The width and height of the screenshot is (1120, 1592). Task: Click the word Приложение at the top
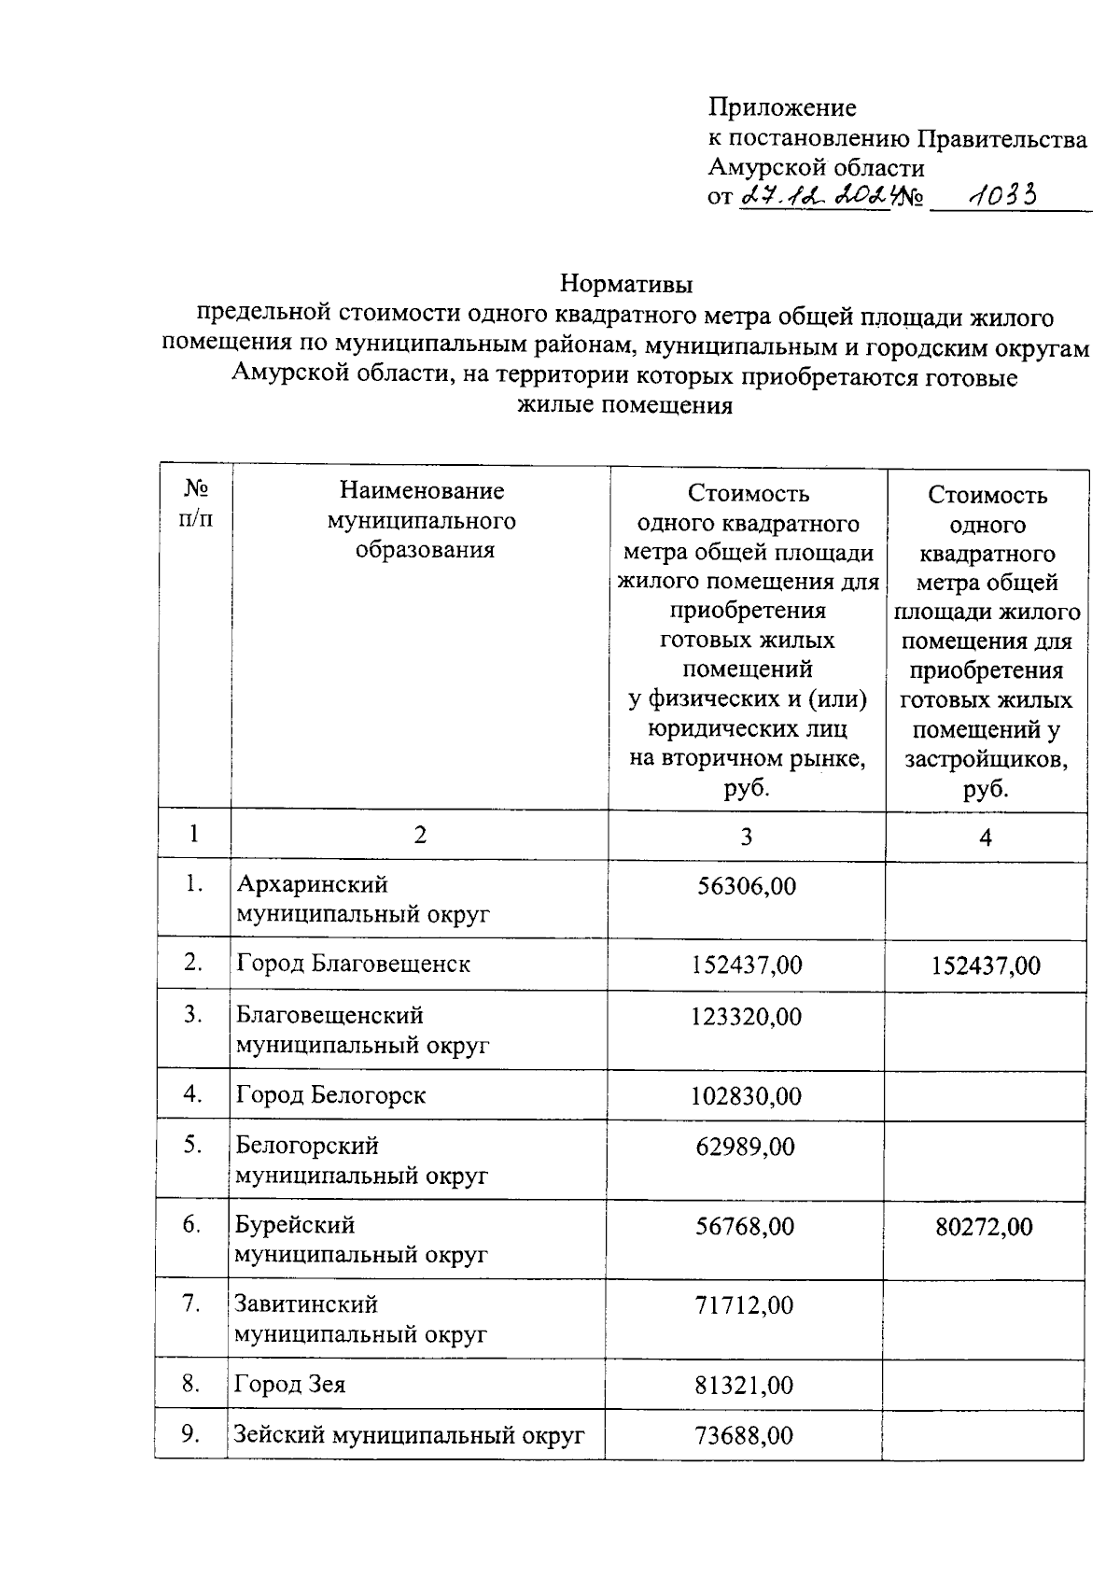pos(782,107)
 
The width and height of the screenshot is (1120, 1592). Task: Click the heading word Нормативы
pos(626,282)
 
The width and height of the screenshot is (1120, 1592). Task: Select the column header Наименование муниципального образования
pos(422,520)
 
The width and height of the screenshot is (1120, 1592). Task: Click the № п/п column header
pos(195,503)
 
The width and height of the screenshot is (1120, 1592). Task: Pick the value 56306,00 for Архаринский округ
pos(747,886)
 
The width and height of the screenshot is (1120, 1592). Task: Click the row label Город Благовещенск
pos(353,964)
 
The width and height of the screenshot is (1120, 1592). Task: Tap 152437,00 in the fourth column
pos(986,965)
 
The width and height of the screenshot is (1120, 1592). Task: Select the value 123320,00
pos(746,1017)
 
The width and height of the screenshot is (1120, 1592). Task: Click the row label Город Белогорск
pos(330,1094)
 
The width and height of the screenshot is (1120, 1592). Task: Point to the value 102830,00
pos(746,1096)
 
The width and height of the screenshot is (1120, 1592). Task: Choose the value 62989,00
pos(745,1147)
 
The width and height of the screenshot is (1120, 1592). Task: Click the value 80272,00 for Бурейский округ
pos(985,1227)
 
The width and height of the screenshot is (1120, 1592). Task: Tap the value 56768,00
pos(745,1226)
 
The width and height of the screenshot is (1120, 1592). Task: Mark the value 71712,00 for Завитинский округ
pos(744,1305)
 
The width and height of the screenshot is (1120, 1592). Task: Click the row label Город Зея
pos(289,1384)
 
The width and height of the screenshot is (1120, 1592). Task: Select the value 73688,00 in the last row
pos(744,1435)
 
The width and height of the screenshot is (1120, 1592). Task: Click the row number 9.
pos(190,1433)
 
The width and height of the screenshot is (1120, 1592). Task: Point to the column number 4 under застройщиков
pos(986,838)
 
